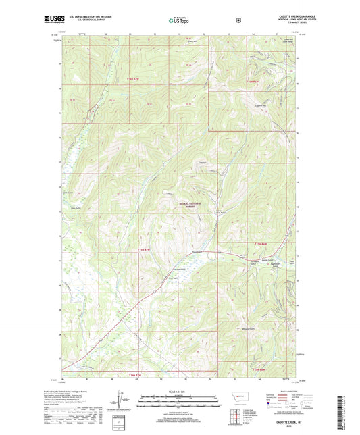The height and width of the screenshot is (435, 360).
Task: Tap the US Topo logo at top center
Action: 179,21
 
